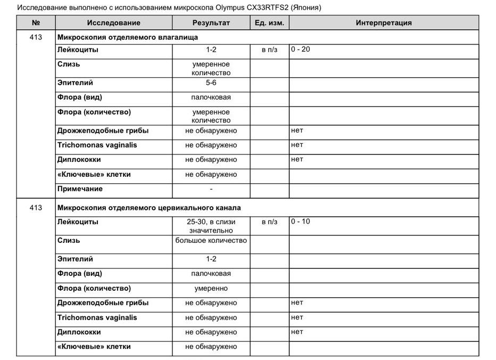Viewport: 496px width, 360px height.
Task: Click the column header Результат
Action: (x=211, y=23)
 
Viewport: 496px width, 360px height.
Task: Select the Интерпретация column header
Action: (x=383, y=23)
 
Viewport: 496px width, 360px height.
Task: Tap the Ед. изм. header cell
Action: (x=269, y=23)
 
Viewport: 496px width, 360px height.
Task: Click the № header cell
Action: (x=36, y=23)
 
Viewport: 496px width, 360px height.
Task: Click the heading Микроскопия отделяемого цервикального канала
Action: (x=149, y=208)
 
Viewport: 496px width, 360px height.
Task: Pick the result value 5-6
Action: (x=211, y=83)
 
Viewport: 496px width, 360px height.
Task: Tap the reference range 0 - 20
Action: (x=300, y=49)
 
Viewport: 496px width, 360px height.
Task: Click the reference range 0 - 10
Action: (x=300, y=221)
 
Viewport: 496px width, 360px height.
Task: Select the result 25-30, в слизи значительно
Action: (x=211, y=226)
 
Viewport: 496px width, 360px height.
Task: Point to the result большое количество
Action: (x=211, y=240)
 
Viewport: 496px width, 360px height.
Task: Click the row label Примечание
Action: (x=80, y=189)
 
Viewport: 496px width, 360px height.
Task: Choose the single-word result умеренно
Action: (x=211, y=288)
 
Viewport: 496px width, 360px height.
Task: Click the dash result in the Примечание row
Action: (x=211, y=189)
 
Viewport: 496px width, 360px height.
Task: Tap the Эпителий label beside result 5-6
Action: (x=75, y=83)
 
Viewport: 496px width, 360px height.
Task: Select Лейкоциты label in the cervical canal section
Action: (x=78, y=222)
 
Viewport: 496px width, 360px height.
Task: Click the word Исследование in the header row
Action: (x=113, y=23)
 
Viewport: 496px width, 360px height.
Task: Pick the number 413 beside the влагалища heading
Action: (x=36, y=37)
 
